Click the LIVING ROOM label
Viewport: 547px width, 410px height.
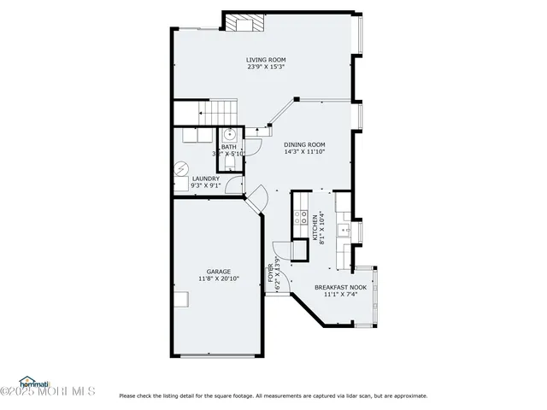point(266,59)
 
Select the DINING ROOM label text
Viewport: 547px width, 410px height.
point(304,144)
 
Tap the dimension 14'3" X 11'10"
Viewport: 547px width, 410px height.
point(304,152)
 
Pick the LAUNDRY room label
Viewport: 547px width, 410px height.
point(205,179)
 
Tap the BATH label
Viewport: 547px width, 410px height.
point(229,147)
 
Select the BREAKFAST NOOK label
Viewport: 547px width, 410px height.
point(340,287)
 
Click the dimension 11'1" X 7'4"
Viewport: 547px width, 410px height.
point(340,295)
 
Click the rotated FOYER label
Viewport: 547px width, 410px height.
point(272,273)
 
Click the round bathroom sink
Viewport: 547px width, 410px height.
point(230,134)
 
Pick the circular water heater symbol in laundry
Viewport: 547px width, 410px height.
point(180,168)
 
